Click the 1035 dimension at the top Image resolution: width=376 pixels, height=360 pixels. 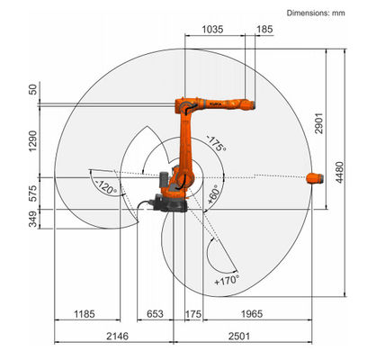213,30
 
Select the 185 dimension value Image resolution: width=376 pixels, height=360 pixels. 264,30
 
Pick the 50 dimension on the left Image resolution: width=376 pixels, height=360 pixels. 33,89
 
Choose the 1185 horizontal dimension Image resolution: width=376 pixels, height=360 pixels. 83,314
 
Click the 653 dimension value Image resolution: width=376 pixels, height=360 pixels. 155,314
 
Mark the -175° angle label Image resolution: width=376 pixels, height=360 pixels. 215,143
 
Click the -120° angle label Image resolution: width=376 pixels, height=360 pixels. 105,188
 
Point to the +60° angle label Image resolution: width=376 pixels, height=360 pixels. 213,195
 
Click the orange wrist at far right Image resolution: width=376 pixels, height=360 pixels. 315,177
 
